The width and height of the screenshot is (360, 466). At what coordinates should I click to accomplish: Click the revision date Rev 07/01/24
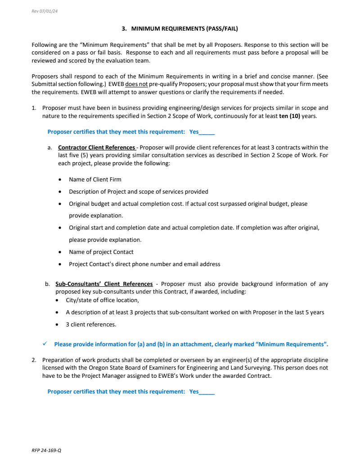coord(45,11)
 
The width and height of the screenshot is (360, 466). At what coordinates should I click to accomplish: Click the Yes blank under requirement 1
coord(207,132)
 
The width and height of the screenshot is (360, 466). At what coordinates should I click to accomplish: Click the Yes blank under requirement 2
coord(207,392)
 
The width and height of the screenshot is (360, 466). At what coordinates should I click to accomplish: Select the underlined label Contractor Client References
coord(97,147)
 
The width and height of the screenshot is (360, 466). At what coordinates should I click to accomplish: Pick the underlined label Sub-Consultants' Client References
coord(104,284)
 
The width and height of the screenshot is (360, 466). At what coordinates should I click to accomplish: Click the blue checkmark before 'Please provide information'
coord(45,344)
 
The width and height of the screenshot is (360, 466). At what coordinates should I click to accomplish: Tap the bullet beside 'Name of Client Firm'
coord(60,180)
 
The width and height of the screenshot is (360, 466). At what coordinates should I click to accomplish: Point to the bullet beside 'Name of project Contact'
coord(60,252)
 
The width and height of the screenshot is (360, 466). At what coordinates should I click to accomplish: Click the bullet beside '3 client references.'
coord(57,325)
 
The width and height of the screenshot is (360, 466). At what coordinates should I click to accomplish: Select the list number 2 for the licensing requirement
coord(34,360)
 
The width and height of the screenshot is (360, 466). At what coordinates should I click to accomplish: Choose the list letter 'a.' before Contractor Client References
coord(49,147)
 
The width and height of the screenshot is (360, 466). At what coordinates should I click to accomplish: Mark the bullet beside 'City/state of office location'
coord(57,300)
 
